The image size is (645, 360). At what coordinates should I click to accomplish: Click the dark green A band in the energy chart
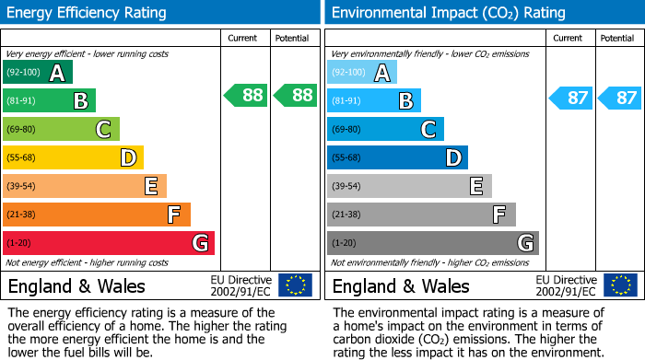point(38,73)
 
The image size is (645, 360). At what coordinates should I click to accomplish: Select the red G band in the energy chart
point(109,243)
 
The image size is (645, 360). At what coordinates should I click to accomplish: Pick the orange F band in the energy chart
point(97,215)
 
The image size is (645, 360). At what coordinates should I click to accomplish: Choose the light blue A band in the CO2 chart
point(362,73)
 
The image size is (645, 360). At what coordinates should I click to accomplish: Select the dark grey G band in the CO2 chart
point(432,243)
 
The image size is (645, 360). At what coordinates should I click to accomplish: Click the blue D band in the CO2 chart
point(397,158)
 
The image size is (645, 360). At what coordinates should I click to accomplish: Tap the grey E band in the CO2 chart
point(409,186)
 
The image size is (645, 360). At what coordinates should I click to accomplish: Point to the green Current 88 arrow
point(245,95)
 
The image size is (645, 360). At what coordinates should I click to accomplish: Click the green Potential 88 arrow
point(294,95)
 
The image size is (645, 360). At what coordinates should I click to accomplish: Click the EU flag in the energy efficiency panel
point(295,285)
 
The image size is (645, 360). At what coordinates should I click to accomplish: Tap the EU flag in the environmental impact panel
point(619,285)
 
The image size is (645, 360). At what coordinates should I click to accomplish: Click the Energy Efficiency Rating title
point(88,13)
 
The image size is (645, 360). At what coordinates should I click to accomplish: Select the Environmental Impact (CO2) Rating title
point(448,13)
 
